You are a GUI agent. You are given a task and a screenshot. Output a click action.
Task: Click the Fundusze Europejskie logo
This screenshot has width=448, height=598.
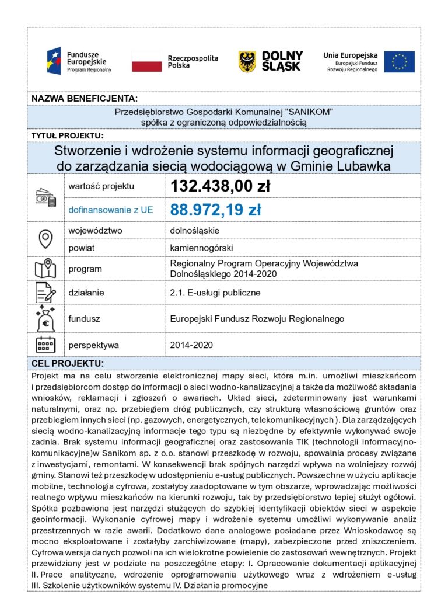click(x=79, y=61)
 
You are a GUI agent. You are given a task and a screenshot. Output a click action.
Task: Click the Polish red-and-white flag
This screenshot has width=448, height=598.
click(x=146, y=61)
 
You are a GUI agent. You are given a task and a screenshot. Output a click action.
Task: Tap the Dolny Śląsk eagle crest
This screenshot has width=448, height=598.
click(x=247, y=61)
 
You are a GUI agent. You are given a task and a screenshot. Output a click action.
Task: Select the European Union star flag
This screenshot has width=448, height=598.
click(x=399, y=61)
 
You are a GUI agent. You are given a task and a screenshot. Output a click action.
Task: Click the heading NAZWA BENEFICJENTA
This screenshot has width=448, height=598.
click(x=84, y=98)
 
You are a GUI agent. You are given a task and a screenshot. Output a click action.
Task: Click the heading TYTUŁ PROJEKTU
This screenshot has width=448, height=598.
click(x=67, y=136)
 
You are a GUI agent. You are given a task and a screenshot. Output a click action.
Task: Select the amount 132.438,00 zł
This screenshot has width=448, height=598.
click(x=219, y=186)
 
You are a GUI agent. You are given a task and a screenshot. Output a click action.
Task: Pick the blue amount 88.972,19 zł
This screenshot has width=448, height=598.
click(x=215, y=210)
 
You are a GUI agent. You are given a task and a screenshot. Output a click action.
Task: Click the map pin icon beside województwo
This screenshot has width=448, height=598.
click(x=45, y=238)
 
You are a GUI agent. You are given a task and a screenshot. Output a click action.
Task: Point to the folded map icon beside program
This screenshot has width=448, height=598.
click(x=45, y=269)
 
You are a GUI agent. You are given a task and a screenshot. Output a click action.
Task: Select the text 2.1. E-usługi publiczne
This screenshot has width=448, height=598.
click(x=215, y=293)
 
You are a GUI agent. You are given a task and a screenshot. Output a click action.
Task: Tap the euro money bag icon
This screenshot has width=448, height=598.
click(x=45, y=319)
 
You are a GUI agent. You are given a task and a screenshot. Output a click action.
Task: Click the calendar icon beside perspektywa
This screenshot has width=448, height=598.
click(x=45, y=345)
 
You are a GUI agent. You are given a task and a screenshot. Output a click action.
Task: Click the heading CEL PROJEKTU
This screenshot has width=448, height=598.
click(x=67, y=363)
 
